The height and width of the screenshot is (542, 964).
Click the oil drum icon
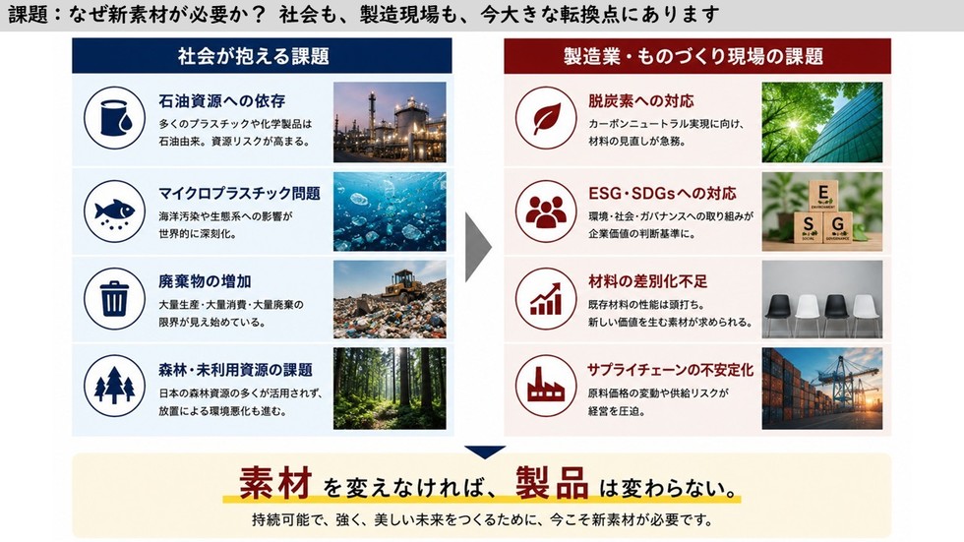115,118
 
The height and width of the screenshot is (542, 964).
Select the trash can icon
114,299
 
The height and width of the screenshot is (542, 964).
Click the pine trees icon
114,386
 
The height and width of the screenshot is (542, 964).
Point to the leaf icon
546,118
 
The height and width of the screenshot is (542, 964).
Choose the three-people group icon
546,211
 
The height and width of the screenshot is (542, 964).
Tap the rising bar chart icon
546,299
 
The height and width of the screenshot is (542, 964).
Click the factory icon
546,386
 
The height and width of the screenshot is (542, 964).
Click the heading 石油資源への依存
222,100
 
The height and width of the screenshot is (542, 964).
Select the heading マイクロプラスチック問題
240,194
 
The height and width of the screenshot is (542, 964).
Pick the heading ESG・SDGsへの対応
662,194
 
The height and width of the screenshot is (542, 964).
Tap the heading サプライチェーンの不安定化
670,370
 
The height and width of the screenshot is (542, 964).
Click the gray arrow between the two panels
478,247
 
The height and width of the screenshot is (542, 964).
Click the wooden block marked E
822,196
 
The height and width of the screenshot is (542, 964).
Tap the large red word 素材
274,483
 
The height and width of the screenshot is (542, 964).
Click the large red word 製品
552,483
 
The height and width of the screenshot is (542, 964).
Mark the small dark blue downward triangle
485,452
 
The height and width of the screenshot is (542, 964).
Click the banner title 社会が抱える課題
254,56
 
